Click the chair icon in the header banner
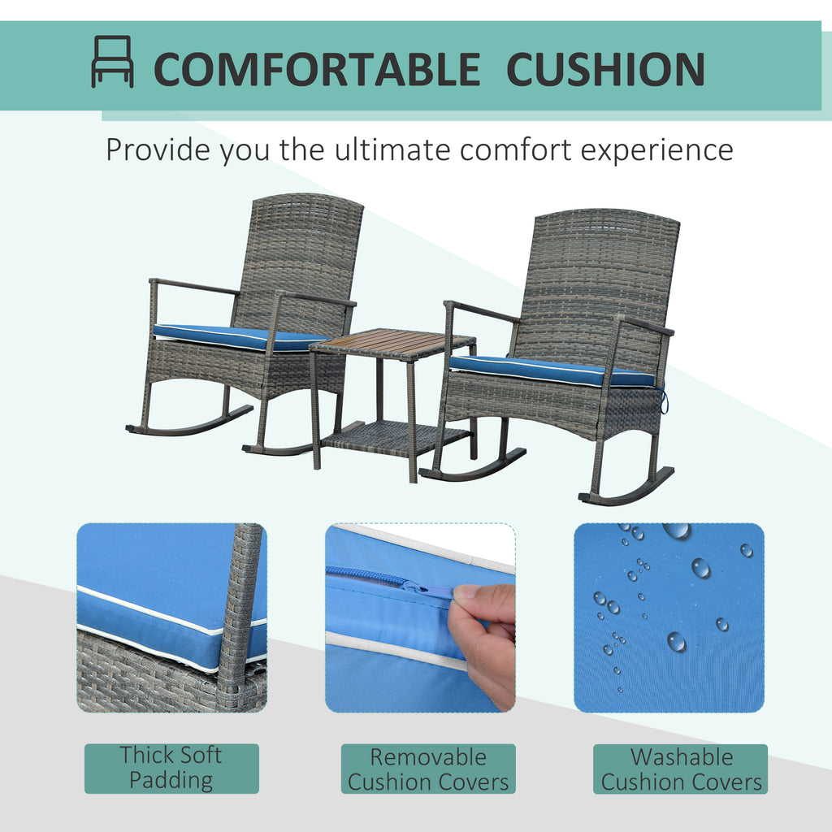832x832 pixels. pyautogui.click(x=112, y=61)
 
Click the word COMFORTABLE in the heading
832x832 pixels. pyautogui.click(x=317, y=69)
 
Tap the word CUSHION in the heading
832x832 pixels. pyautogui.click(x=605, y=69)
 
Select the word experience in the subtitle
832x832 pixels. pyautogui.click(x=656, y=150)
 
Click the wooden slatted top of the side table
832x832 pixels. pyautogui.click(x=392, y=342)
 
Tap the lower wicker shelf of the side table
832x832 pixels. pyautogui.click(x=396, y=438)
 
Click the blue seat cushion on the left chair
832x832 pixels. pyautogui.click(x=239, y=337)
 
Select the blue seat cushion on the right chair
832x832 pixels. pyautogui.click(x=552, y=370)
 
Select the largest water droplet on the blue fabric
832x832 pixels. pyautogui.click(x=677, y=530)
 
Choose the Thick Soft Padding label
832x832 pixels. pyautogui.click(x=171, y=769)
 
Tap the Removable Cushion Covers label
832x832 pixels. pyautogui.click(x=428, y=769)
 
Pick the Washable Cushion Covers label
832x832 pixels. pyautogui.click(x=681, y=769)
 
